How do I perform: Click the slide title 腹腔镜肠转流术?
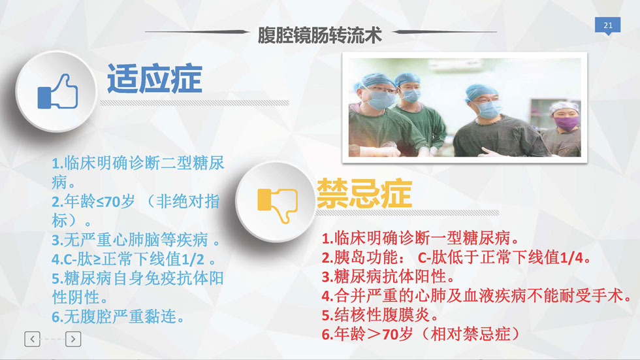319,35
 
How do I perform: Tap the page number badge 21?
608,25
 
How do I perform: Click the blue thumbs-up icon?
57,92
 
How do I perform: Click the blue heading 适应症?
155,79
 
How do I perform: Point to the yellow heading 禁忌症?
364,193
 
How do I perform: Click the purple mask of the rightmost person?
567,123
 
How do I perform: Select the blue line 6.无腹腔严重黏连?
118,317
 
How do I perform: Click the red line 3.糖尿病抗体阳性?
388,277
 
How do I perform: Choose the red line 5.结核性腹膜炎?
380,315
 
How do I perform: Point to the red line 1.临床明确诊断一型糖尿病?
421,238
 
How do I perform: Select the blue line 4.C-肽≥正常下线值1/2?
133,259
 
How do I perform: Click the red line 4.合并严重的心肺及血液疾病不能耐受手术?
476,296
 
